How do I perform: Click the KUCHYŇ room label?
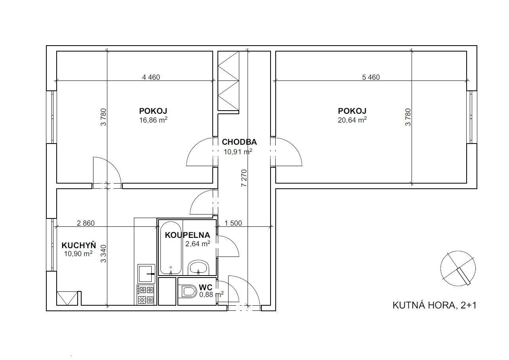click(x=78, y=245)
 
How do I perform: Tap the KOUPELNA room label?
click(x=187, y=235)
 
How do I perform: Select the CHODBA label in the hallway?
click(x=239, y=142)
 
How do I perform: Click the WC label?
click(x=206, y=287)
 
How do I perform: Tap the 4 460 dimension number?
click(x=151, y=77)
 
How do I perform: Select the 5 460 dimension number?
click(x=371, y=77)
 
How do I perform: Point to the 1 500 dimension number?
click(x=233, y=223)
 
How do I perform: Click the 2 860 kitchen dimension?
click(x=86, y=223)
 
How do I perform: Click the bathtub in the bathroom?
click(x=171, y=248)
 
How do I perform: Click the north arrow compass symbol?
click(x=458, y=268)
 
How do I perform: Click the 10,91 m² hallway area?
click(x=238, y=151)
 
